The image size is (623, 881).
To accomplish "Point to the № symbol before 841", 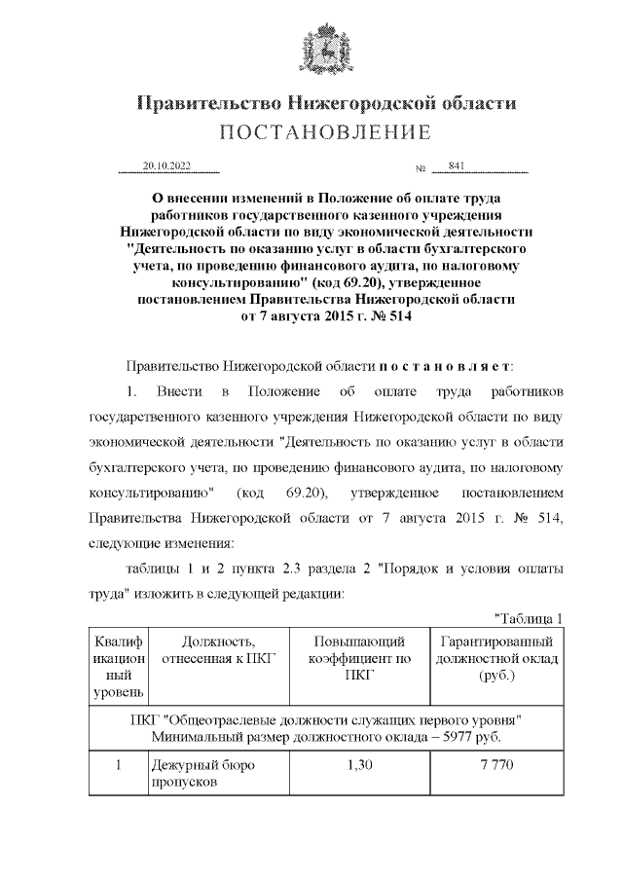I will click(x=421, y=166).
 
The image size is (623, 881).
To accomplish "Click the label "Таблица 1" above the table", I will click(x=530, y=618).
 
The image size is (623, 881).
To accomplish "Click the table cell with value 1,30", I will click(x=359, y=765).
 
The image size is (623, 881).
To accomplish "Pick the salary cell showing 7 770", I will click(x=496, y=765).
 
